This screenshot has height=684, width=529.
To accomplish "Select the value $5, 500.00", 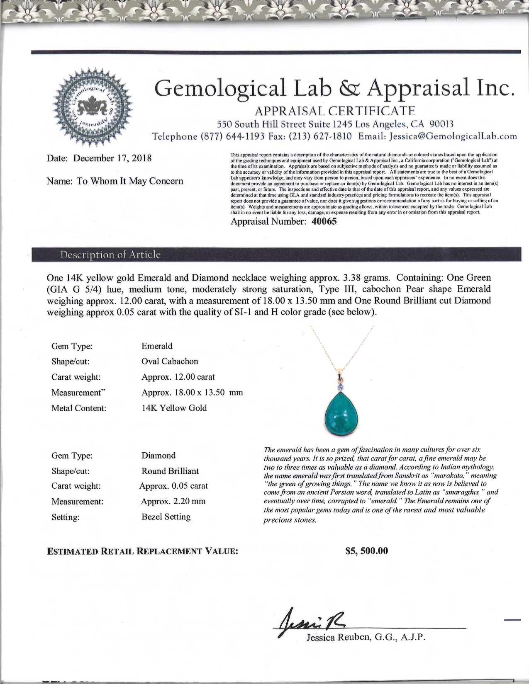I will [x=367, y=551].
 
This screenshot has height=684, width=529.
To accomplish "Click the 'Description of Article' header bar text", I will [x=110, y=255].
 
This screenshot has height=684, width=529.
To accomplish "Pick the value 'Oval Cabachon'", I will [x=170, y=361].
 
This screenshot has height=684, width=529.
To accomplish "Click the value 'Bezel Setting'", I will [x=166, y=517].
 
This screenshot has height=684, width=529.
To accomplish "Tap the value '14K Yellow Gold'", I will [x=174, y=408].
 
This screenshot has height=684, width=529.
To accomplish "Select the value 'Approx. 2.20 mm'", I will [x=173, y=502].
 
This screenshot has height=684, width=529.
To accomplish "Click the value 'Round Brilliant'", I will [x=170, y=471].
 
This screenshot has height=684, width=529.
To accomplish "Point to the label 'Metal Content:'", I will [x=79, y=408].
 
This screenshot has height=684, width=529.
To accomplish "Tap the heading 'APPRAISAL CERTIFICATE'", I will [x=335, y=111].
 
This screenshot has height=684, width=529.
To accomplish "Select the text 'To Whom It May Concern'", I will [x=130, y=182].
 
